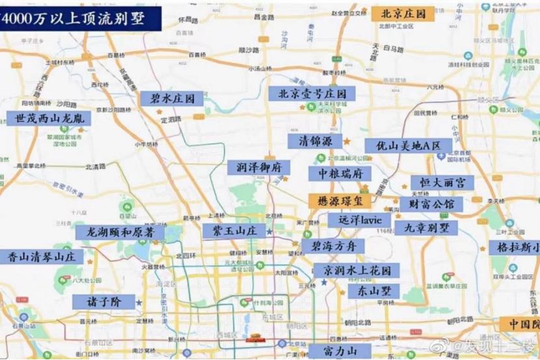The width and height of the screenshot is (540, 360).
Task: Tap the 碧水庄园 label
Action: pos(168,99)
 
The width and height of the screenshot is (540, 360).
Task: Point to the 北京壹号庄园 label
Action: pos(312,94)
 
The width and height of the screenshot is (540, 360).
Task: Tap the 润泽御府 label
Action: pos(258,167)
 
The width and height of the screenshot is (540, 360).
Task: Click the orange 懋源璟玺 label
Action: pos(339,201)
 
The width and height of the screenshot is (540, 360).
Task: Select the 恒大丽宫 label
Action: pos(441,183)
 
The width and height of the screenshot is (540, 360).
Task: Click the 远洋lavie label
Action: pos(355,220)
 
